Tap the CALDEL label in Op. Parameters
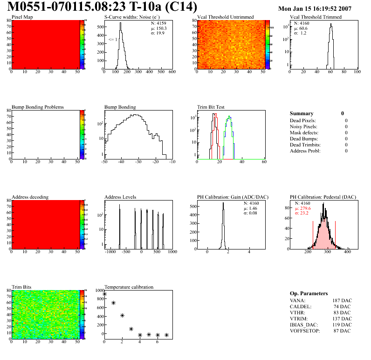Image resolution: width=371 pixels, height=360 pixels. [x=300, y=306]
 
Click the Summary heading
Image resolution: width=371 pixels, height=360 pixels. [x=302, y=113]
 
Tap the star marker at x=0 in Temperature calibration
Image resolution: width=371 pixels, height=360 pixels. [x=104, y=294]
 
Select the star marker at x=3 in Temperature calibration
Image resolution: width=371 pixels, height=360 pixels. [x=131, y=329]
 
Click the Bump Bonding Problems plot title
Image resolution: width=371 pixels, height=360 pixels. [x=38, y=107]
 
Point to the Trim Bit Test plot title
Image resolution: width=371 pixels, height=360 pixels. [x=211, y=107]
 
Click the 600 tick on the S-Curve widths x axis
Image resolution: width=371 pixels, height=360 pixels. [x=172, y=72]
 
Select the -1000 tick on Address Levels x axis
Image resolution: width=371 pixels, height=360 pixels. [x=110, y=252]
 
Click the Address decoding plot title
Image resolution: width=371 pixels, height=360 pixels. [x=30, y=197]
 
